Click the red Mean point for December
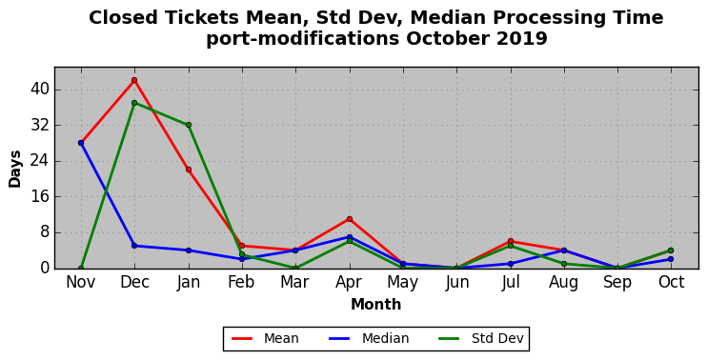(134, 80)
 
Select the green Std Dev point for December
(134, 103)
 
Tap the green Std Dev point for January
(189, 125)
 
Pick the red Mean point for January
(189, 170)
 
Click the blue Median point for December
(134, 246)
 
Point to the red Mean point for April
(350, 219)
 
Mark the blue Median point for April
(350, 236)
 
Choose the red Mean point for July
(511, 241)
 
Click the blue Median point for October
(672, 259)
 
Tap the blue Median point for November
(81, 143)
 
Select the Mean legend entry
(265, 338)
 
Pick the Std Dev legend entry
(480, 338)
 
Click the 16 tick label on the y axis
(39, 197)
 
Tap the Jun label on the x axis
(456, 283)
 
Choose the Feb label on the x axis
(242, 283)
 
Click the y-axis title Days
(15, 169)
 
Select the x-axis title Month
(376, 305)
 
